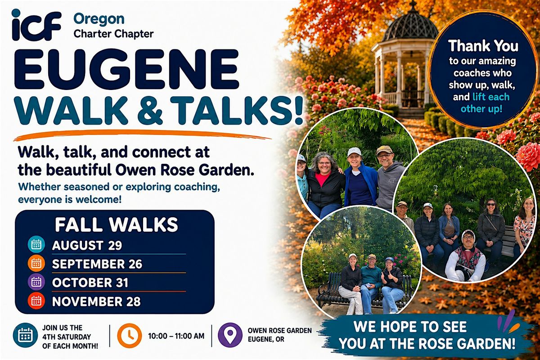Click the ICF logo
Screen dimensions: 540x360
tap(36, 25)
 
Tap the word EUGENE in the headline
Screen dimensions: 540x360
tap(127, 69)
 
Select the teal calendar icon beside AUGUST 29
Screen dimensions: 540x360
tap(36, 244)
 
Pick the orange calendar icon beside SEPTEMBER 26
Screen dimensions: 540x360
tap(36, 263)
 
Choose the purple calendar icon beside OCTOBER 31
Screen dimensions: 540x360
tap(36, 282)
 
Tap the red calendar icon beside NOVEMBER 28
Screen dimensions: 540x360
tap(36, 301)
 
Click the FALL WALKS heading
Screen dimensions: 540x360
tap(117, 225)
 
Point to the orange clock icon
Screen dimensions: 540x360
tap(130, 336)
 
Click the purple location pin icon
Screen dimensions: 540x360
tap(230, 335)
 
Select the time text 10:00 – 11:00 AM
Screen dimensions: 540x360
tap(176, 336)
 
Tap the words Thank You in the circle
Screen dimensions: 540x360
tap(483, 46)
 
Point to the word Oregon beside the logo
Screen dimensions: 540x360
tap(99, 19)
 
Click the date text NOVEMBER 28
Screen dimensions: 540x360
tap(96, 301)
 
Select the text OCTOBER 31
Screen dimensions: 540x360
tap(90, 283)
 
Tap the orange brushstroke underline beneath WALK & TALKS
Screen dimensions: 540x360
tap(142, 135)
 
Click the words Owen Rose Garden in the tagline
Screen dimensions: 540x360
tap(185, 170)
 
